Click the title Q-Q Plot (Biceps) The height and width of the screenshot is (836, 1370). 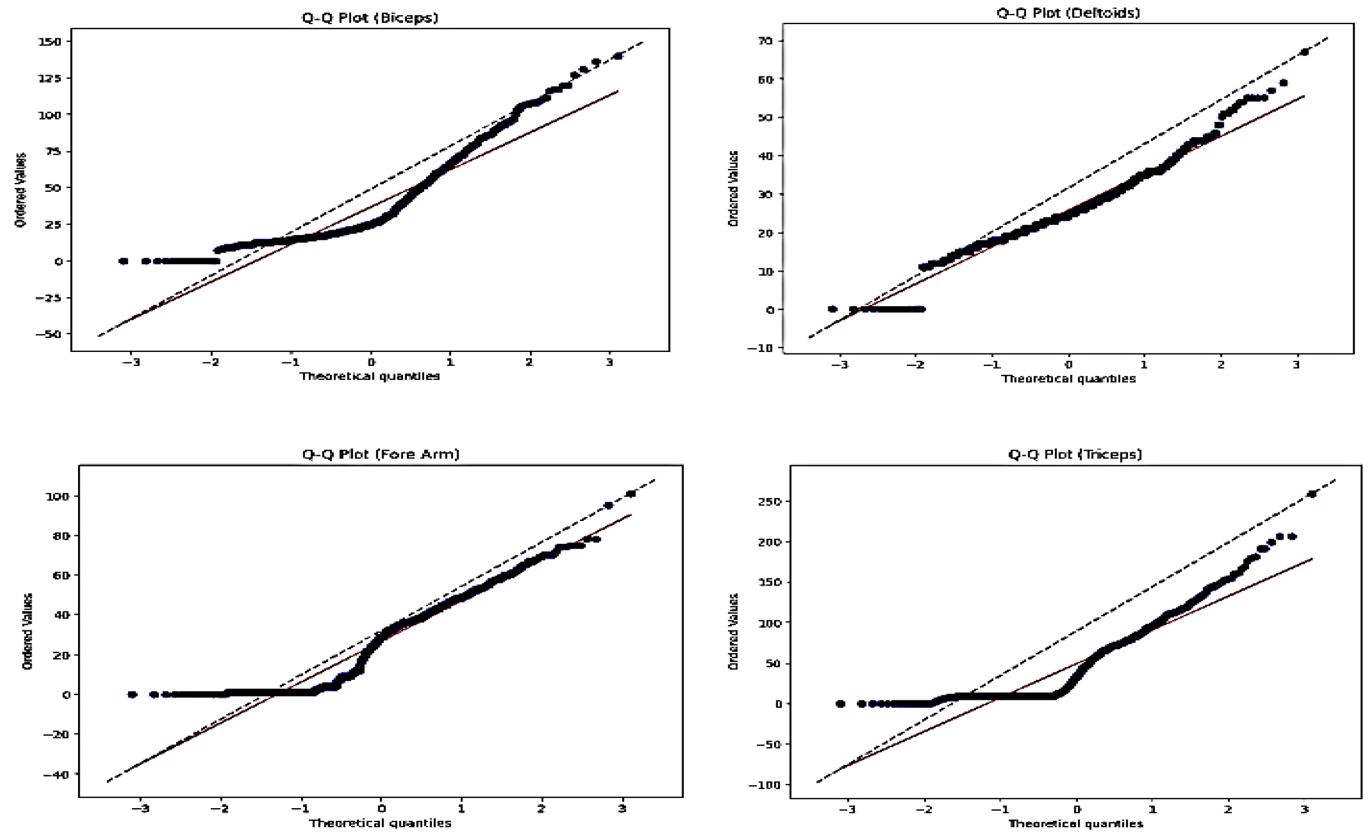pos(370,18)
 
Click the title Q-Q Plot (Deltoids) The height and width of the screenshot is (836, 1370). pos(1068,12)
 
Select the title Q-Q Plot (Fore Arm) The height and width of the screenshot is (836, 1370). pos(381,454)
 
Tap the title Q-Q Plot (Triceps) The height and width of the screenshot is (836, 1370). pos(1075,454)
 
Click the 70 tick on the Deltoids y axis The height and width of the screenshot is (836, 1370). pos(770,41)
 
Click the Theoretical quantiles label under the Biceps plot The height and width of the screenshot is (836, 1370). pos(370,376)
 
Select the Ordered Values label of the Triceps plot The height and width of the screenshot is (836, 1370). pos(733,631)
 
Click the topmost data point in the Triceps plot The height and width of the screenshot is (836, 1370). pos(1311,494)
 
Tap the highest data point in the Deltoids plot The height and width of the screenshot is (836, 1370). pos(1304,52)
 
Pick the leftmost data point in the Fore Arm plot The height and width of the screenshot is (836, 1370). pos(132,694)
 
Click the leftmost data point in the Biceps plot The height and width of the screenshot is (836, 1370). pos(124,261)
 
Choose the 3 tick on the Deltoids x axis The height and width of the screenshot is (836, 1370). pos(1296,365)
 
